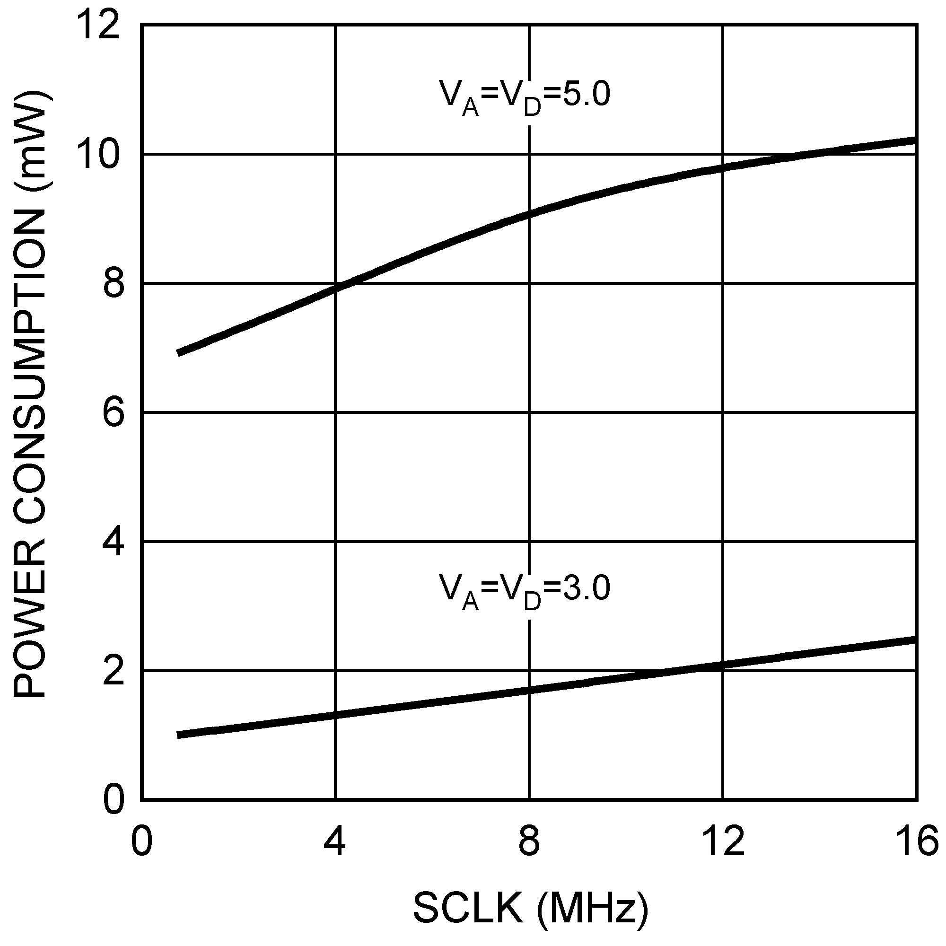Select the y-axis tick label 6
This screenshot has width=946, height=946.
pyautogui.click(x=113, y=412)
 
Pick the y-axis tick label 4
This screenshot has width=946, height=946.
pyautogui.click(x=113, y=542)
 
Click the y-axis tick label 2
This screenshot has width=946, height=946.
pyautogui.click(x=113, y=671)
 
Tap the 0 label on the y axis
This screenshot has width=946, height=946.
pyautogui.click(x=113, y=800)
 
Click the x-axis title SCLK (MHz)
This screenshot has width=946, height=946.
pyautogui.click(x=530, y=908)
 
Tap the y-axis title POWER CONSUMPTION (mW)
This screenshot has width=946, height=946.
pyautogui.click(x=30, y=397)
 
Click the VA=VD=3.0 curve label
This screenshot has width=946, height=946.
pyautogui.click(x=525, y=590)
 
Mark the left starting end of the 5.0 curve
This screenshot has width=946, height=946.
pyautogui.click(x=179, y=353)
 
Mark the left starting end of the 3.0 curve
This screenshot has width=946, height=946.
pyautogui.click(x=179, y=735)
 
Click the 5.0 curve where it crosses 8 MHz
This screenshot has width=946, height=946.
pyautogui.click(x=529, y=213)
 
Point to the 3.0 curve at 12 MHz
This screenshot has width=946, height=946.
pyautogui.click(x=723, y=665)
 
